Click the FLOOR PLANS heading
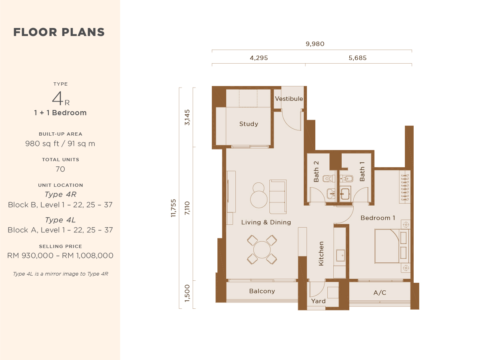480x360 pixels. (59, 32)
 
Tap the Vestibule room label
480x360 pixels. (289, 99)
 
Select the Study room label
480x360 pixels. (249, 124)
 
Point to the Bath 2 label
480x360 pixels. (316, 172)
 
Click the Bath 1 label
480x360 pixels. (362, 172)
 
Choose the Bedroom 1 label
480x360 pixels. (378, 218)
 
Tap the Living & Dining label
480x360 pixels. (266, 222)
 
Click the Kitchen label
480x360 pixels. (321, 253)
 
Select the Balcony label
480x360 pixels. (262, 291)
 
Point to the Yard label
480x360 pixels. (318, 301)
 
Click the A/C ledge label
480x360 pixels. (380, 293)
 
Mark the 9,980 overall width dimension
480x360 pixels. (315, 44)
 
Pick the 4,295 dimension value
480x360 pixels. (259, 58)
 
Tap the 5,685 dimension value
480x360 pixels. (357, 58)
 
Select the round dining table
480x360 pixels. (262, 250)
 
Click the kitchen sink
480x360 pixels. (341, 255)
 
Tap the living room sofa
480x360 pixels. (278, 196)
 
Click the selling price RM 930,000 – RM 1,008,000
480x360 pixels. (60, 256)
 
